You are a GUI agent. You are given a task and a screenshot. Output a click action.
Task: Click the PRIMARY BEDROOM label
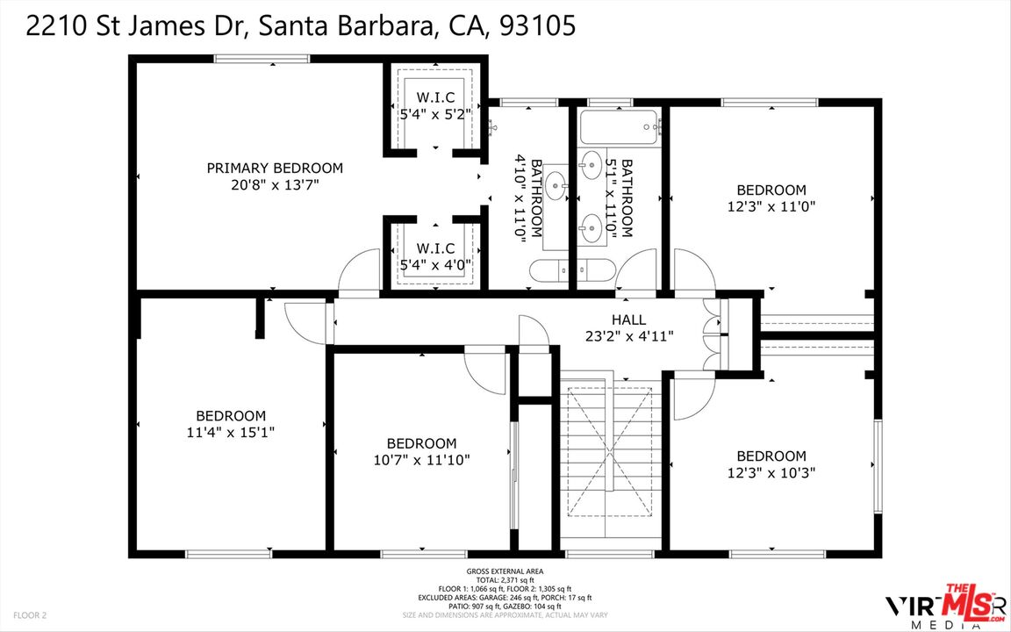pyautogui.click(x=275, y=169)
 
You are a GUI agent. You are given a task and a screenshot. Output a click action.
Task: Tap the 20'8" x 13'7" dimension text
pyautogui.click(x=275, y=185)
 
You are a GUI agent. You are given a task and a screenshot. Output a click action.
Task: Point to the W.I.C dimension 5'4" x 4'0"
pyautogui.click(x=436, y=264)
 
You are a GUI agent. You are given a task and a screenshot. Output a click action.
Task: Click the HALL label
pyautogui.click(x=628, y=320)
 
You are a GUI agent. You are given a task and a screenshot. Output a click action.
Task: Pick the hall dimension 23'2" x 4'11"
pyautogui.click(x=628, y=336)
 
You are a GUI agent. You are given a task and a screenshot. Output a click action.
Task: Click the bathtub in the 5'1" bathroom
pyautogui.click(x=619, y=127)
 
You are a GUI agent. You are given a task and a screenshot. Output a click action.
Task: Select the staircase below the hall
pyautogui.click(x=609, y=451)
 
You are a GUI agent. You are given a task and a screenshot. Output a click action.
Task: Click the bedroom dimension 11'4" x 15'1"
pyautogui.click(x=231, y=433)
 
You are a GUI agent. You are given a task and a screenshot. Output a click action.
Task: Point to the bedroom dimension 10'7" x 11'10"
pyautogui.click(x=421, y=461)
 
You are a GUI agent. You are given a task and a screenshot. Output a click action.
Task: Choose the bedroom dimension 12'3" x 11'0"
pyautogui.click(x=771, y=207)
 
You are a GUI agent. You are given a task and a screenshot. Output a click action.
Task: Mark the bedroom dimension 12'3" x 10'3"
pyautogui.click(x=771, y=473)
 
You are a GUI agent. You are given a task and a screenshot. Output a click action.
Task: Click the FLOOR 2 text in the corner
pyautogui.click(x=30, y=615)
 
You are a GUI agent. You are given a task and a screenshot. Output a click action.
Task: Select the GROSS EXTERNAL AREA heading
pyautogui.click(x=505, y=571)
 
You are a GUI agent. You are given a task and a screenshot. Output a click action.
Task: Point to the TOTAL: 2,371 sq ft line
pyautogui.click(x=505, y=580)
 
